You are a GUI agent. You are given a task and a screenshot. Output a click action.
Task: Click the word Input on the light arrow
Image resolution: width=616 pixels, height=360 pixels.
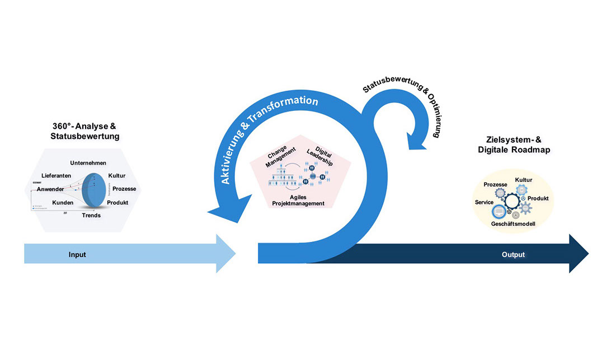click(77, 255)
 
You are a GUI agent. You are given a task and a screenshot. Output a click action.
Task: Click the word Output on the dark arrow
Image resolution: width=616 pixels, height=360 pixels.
click(513, 255)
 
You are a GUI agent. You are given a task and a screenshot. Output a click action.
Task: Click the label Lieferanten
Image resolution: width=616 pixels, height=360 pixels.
click(56, 175)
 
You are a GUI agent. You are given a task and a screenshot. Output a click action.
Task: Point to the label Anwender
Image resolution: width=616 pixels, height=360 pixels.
click(51, 189)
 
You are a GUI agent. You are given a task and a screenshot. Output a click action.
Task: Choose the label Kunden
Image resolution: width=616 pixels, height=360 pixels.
click(63, 202)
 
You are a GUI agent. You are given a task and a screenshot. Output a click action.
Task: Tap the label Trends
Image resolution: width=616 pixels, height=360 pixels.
click(91, 215)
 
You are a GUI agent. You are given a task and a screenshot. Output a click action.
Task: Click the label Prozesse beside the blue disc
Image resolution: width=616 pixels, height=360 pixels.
click(124, 189)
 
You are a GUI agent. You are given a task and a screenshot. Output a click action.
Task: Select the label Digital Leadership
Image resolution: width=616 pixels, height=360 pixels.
click(320, 156)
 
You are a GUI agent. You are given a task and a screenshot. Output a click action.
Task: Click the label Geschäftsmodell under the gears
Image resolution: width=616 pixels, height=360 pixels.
click(513, 223)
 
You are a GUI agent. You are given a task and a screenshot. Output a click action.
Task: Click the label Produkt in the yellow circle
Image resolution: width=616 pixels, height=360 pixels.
click(538, 199)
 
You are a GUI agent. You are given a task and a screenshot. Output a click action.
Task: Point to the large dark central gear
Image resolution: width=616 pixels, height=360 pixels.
click(512, 200)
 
